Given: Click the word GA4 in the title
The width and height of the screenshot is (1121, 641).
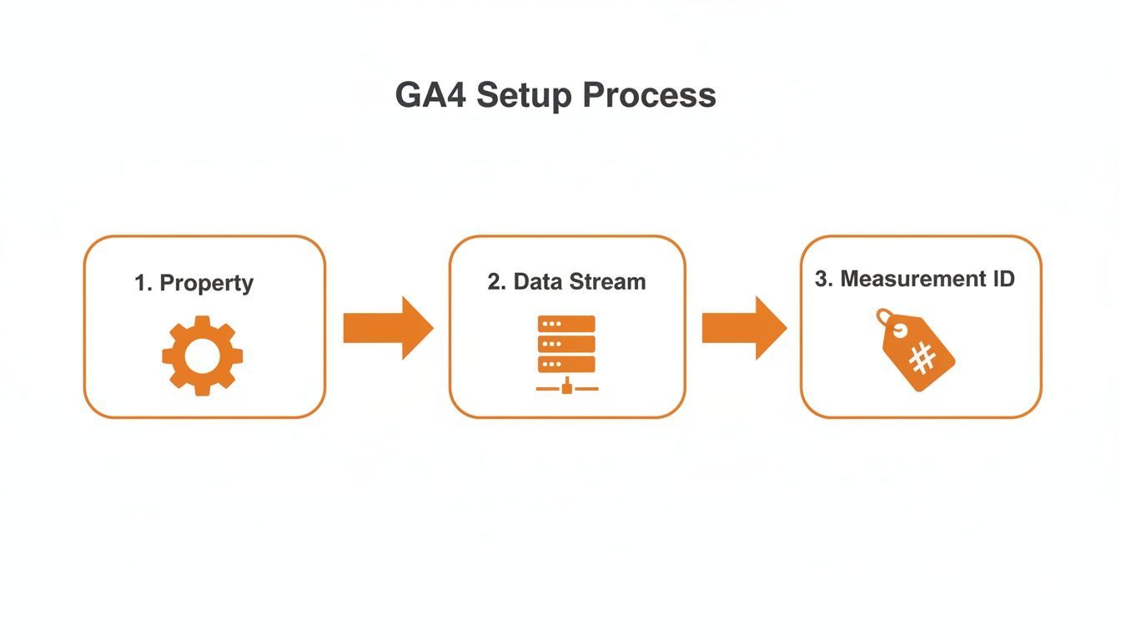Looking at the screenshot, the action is [430, 94].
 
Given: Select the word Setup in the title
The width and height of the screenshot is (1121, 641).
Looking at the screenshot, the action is [524, 97].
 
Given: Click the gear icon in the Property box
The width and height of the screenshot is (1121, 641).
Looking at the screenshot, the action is [202, 356].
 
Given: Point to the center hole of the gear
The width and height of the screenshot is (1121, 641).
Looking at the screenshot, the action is [202, 356].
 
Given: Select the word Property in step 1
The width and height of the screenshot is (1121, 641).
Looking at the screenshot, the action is [206, 284].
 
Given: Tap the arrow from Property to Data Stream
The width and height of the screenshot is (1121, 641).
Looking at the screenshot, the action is [389, 328].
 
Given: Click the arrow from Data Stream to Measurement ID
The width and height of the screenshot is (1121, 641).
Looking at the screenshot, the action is [745, 328].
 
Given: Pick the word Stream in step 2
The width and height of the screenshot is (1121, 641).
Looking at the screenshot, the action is [607, 281].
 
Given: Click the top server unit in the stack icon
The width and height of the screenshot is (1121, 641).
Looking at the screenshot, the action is [566, 324].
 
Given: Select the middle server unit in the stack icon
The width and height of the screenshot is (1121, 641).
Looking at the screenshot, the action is [566, 344].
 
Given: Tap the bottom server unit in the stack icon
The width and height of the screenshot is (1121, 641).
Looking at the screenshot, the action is [566, 364].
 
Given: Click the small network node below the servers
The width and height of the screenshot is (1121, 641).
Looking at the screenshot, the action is [566, 388].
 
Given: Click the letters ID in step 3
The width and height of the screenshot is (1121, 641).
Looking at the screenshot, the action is [1003, 279].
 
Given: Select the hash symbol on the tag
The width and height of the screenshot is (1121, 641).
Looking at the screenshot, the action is [922, 359].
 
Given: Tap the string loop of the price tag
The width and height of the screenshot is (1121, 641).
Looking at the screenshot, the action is [885, 317].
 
